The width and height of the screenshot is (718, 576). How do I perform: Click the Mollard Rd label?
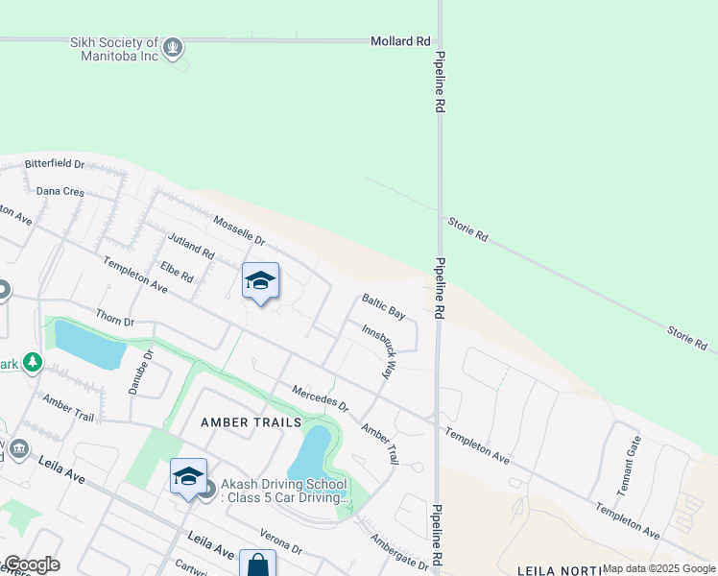coord(400,41)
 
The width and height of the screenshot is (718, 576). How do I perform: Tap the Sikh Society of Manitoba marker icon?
coord(173,46)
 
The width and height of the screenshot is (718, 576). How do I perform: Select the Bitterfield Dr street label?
coord(55,164)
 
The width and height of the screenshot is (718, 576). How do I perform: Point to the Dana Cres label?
coord(60,191)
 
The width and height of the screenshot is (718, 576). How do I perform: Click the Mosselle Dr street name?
coord(238,228)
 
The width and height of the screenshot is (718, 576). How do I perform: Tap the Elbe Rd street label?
coord(177,272)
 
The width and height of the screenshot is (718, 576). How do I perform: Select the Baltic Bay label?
coord(383,306)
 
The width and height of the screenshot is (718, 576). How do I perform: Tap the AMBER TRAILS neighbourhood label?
coord(251,422)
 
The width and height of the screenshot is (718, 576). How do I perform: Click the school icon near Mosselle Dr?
coord(260,280)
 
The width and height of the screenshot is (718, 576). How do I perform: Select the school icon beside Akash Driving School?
coord(188,476)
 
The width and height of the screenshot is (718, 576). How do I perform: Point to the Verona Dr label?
coord(281,542)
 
